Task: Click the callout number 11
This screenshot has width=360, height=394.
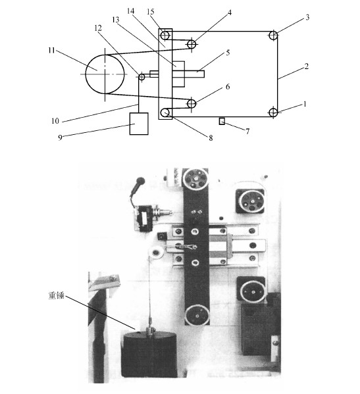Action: [x=51, y=51]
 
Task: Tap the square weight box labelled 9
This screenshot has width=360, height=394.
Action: [x=139, y=124]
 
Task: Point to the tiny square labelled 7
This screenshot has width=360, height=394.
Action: [x=222, y=122]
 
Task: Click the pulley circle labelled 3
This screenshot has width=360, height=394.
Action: [x=273, y=36]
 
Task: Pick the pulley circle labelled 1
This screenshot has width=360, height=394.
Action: [x=273, y=112]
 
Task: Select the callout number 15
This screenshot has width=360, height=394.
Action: [x=150, y=12]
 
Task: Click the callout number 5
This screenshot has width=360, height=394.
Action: [x=228, y=53]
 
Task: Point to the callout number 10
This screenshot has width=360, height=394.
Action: [x=55, y=121]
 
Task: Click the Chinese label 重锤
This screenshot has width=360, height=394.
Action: [x=57, y=295]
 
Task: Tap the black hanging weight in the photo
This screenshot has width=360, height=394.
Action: [x=149, y=355]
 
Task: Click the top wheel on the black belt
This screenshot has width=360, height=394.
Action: [x=195, y=179]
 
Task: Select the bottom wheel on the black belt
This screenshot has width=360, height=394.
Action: [x=197, y=315]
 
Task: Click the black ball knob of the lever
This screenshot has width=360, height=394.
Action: [x=140, y=181]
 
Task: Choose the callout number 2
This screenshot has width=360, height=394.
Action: [x=306, y=66]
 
